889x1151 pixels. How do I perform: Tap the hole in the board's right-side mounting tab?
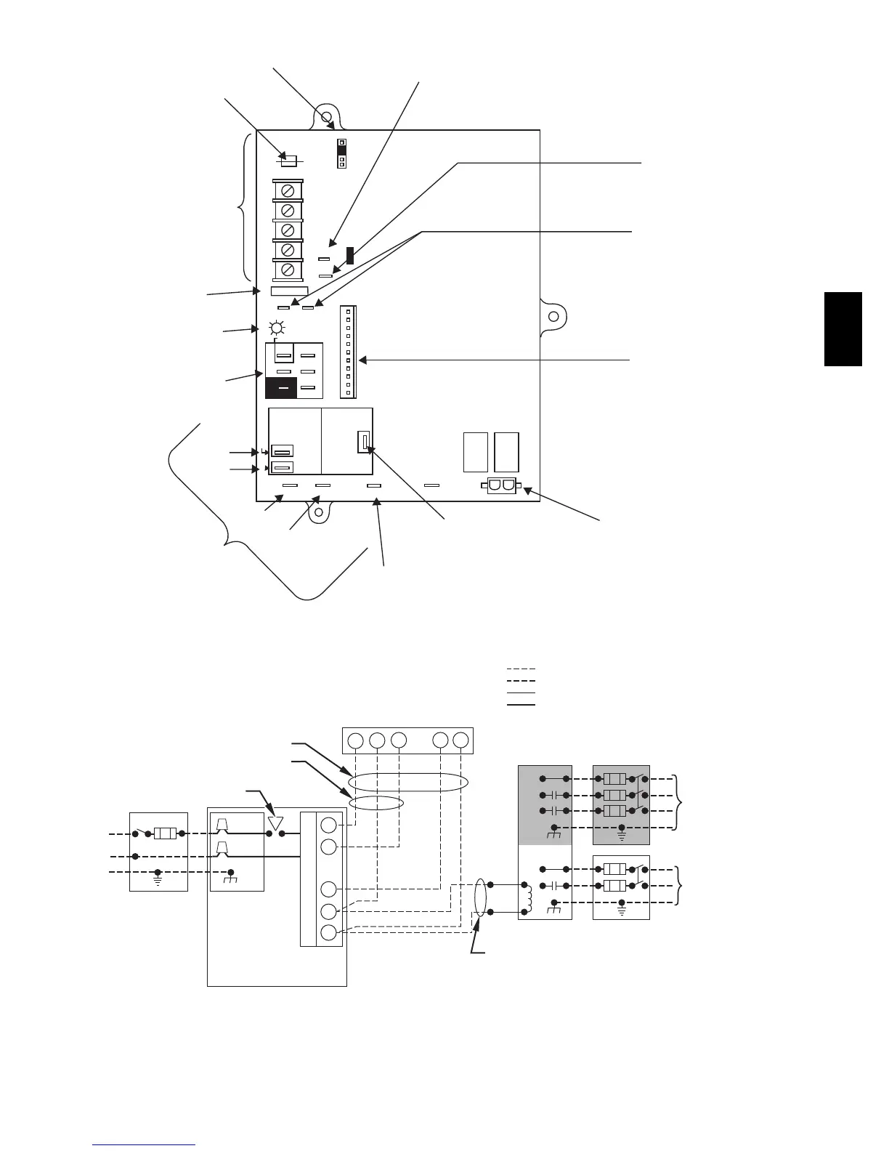[x=553, y=317]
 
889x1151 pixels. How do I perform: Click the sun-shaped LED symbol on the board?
[x=277, y=328]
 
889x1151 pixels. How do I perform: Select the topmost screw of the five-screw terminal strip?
[x=288, y=190]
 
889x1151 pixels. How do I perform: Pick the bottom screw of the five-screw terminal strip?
[x=288, y=270]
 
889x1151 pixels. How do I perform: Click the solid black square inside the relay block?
[x=281, y=388]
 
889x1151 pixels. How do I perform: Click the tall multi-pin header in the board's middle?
[x=348, y=352]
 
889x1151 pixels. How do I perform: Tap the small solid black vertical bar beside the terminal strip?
[x=350, y=255]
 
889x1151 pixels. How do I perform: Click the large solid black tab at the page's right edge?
[x=843, y=328]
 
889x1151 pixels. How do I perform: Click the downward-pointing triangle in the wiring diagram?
[x=275, y=823]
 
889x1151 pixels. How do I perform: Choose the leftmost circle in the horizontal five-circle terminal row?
[x=355, y=740]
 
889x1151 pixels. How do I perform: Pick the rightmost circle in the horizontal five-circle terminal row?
[x=460, y=740]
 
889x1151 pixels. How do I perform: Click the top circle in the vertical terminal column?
[x=328, y=825]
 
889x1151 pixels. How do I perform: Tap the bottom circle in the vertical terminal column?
[x=328, y=934]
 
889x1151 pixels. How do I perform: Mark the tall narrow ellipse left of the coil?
[x=479, y=898]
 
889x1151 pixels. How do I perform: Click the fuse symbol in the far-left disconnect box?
[x=165, y=833]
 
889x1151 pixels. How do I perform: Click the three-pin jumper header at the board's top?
[x=341, y=153]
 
